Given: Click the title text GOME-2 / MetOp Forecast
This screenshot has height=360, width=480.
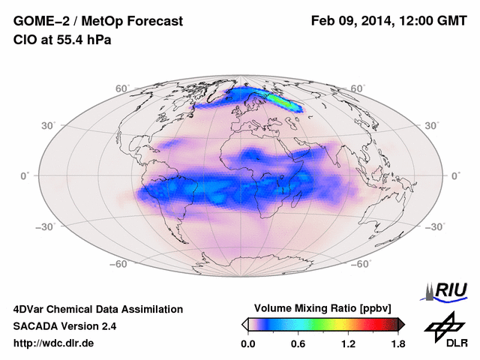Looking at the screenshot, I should [x=97, y=22].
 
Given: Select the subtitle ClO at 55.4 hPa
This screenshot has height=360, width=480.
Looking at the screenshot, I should [x=62, y=40].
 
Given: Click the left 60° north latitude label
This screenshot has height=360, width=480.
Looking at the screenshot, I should [x=122, y=88].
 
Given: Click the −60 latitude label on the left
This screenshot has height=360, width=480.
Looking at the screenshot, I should [x=118, y=264].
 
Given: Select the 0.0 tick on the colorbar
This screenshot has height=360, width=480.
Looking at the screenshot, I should [x=247, y=344].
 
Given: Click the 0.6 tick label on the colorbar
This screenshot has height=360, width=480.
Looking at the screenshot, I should [x=298, y=344].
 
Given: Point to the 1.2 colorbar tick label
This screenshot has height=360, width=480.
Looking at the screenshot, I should [x=347, y=344].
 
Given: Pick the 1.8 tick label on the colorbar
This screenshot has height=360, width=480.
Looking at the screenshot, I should [x=397, y=344].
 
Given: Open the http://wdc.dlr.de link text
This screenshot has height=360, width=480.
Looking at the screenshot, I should [x=54, y=343].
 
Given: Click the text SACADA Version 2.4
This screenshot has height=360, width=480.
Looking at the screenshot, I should [x=65, y=326].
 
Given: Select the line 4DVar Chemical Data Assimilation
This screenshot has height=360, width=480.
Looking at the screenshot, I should [x=97, y=309].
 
